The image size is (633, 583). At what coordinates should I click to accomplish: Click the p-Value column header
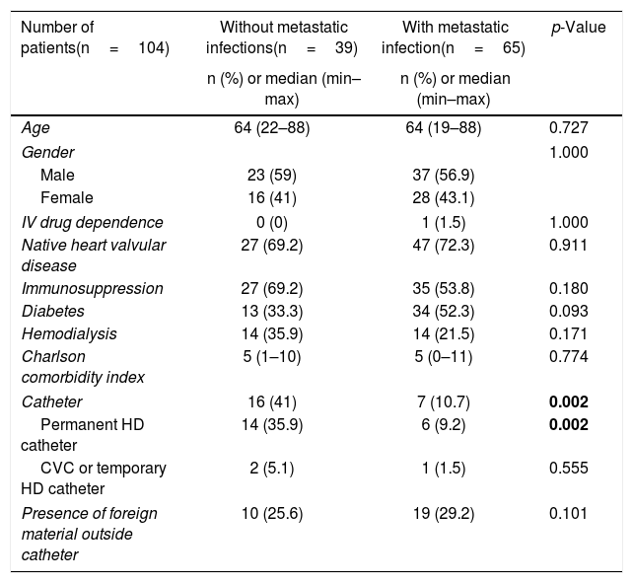click(x=579, y=28)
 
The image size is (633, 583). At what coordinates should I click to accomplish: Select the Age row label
click(x=35, y=128)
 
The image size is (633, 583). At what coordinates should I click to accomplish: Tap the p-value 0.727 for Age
click(x=568, y=127)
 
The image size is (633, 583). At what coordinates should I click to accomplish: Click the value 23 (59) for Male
click(x=272, y=176)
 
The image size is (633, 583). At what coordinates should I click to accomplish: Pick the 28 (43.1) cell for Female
click(x=444, y=198)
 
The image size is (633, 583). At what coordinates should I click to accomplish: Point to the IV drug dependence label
click(x=92, y=222)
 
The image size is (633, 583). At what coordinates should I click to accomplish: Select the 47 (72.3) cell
click(x=444, y=246)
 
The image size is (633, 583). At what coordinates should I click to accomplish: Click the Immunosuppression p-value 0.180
click(x=568, y=288)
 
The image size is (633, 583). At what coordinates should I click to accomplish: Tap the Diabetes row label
click(x=53, y=311)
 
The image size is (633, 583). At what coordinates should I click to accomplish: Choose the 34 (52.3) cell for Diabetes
click(x=444, y=312)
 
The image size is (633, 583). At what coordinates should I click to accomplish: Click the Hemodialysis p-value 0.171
click(x=568, y=333)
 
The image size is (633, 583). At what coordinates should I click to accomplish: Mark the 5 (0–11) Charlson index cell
click(x=444, y=357)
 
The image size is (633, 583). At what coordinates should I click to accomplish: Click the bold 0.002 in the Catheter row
click(x=568, y=402)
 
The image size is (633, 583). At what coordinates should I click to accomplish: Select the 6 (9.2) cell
click(x=444, y=425)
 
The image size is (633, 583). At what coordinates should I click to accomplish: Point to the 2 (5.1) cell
click(x=272, y=469)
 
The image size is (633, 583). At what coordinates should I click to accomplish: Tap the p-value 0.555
click(x=568, y=468)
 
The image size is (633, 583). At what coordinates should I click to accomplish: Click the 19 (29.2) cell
click(x=444, y=514)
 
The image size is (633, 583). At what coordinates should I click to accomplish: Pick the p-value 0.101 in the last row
click(x=568, y=513)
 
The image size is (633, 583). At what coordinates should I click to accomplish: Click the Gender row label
click(x=47, y=153)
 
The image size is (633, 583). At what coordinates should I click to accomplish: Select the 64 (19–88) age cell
click(x=444, y=128)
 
